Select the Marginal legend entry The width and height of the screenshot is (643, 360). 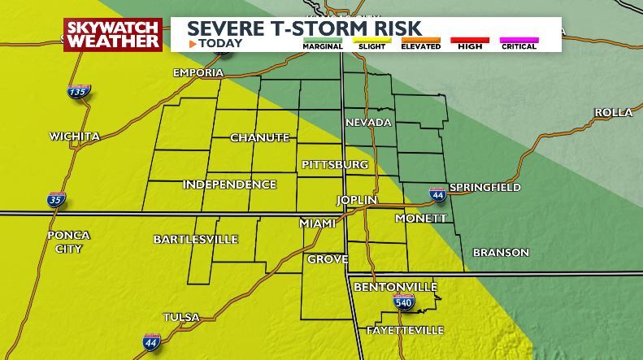tap(322, 43)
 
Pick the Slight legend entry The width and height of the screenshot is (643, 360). tap(371, 43)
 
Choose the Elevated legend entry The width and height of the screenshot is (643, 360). tap(420, 43)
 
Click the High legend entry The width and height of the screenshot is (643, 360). tap(470, 43)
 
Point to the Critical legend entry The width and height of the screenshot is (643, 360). tap(519, 43)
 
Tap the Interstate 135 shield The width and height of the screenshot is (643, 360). tap(79, 92)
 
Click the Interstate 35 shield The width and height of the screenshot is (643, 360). tap(55, 200)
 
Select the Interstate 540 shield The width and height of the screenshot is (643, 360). tap(404, 302)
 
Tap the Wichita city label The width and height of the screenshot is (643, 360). tap(75, 137)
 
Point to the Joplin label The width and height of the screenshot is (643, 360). tap(358, 200)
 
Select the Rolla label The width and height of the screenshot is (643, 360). tap(613, 113)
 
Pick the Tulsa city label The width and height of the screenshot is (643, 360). tap(181, 318)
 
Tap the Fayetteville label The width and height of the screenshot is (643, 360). tap(405, 331)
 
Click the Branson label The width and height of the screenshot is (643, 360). tap(501, 253)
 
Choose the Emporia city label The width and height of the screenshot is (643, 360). tap(198, 73)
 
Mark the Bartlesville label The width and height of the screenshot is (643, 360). tap(196, 240)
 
